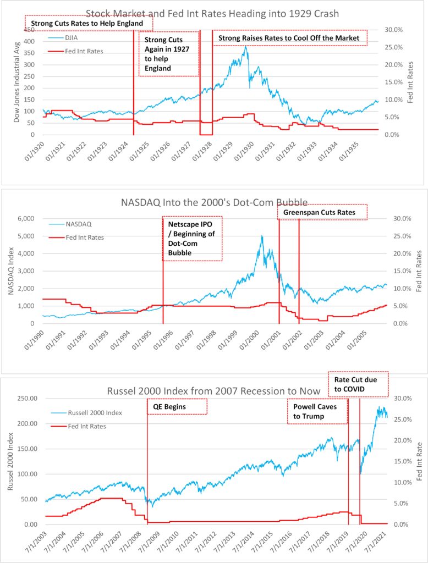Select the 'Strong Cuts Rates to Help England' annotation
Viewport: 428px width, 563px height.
[x=88, y=24]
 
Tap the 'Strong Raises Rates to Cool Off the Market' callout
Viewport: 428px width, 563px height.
[x=289, y=38]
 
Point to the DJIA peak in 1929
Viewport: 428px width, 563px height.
[x=245, y=48]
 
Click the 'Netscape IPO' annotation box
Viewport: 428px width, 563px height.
[x=192, y=238]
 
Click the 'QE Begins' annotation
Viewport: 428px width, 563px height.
[x=177, y=407]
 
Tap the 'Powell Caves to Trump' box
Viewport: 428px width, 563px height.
[x=317, y=411]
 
